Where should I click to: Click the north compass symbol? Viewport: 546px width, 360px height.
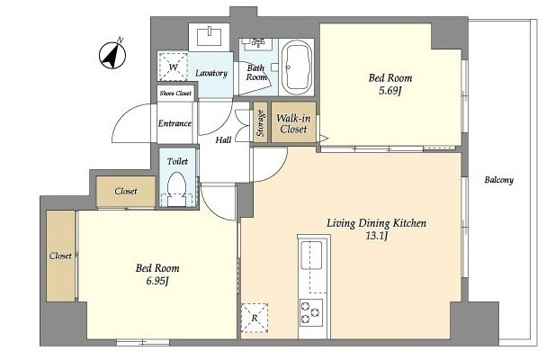(112, 55)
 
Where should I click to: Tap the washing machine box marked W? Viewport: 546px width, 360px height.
(173, 67)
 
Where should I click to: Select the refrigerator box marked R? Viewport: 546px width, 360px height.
(255, 318)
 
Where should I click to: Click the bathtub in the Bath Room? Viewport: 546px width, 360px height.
(296, 67)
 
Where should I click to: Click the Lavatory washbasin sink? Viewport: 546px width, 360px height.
(210, 38)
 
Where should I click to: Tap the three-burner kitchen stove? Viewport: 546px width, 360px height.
(311, 312)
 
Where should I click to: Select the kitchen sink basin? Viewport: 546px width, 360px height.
(311, 255)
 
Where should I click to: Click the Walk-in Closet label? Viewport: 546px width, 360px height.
(293, 123)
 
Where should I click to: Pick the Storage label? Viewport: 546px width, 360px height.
(261, 122)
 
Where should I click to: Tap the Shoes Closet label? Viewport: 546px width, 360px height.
(175, 94)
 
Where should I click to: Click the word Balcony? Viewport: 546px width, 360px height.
(499, 180)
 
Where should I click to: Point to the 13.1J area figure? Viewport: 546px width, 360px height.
(376, 236)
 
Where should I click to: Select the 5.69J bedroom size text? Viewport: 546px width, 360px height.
(390, 91)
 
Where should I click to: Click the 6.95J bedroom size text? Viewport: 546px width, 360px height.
(157, 281)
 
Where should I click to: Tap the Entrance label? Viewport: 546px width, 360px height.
(175, 123)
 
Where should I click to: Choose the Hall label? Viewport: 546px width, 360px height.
(223, 140)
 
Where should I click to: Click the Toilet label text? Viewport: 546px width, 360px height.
(177, 161)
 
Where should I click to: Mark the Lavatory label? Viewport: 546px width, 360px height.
(211, 73)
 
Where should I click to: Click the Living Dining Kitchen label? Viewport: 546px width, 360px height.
(376, 223)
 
